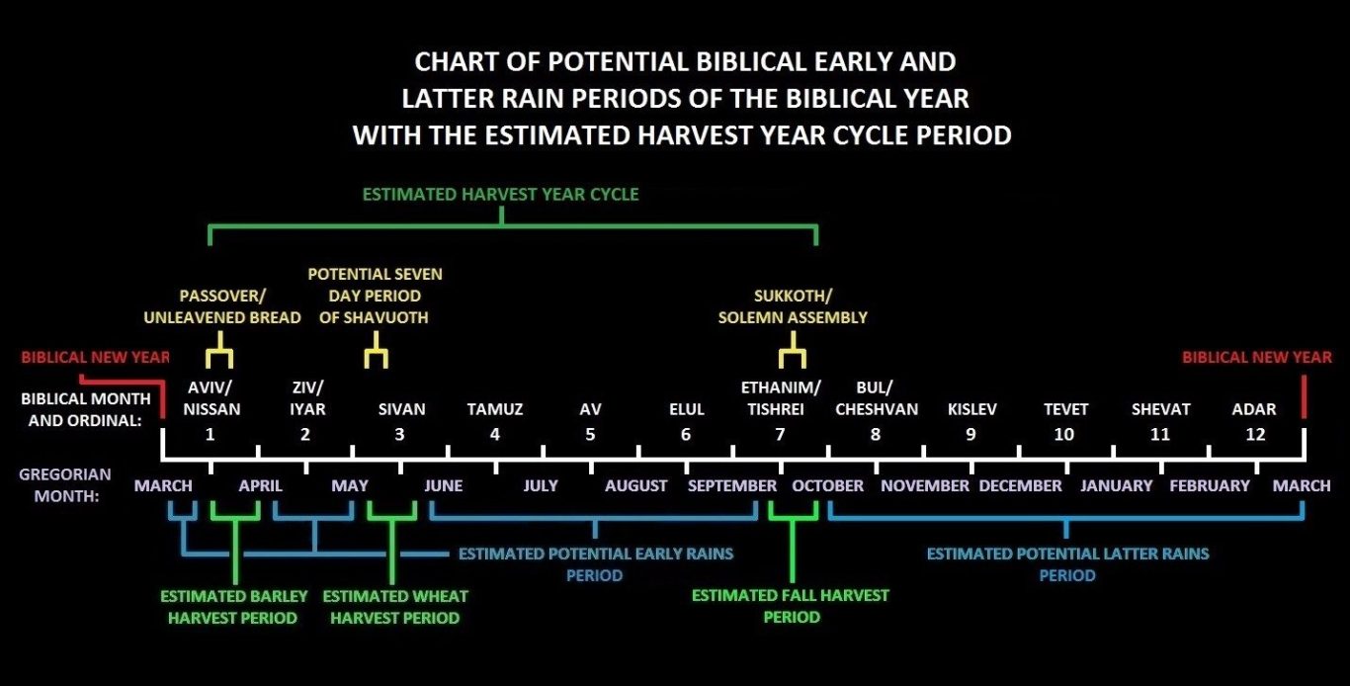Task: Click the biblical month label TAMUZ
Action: tap(495, 409)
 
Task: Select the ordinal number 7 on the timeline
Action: tap(780, 435)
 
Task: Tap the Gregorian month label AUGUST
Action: tap(635, 486)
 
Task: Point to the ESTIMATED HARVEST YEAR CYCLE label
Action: tap(500, 194)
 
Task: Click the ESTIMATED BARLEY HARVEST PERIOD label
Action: tap(233, 607)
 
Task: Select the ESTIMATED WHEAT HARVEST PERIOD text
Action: tap(394, 607)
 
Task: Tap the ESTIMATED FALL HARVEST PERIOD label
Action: tap(790, 606)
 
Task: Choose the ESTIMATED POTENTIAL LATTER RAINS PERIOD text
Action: tap(1067, 564)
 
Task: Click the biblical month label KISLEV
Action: tap(971, 409)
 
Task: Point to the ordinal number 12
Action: tap(1255, 435)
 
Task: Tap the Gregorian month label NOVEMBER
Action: tap(925, 486)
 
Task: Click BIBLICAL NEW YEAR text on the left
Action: tap(95, 358)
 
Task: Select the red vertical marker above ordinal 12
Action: tap(1305, 396)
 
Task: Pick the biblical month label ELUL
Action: tap(687, 409)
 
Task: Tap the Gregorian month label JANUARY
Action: tap(1116, 486)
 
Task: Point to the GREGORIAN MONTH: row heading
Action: tap(65, 485)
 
